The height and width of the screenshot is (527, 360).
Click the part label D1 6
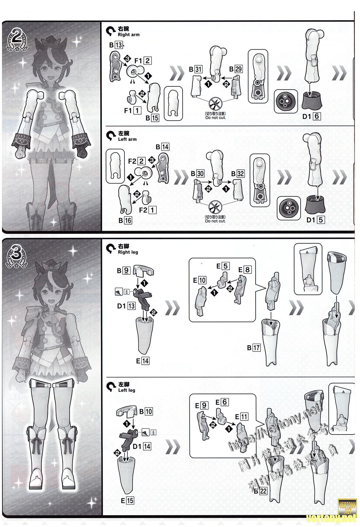tap(311, 116)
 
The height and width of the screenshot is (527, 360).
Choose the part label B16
tap(125, 220)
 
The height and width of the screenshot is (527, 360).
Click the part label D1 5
tap(315, 220)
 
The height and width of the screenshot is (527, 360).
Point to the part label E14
tap(143, 361)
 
